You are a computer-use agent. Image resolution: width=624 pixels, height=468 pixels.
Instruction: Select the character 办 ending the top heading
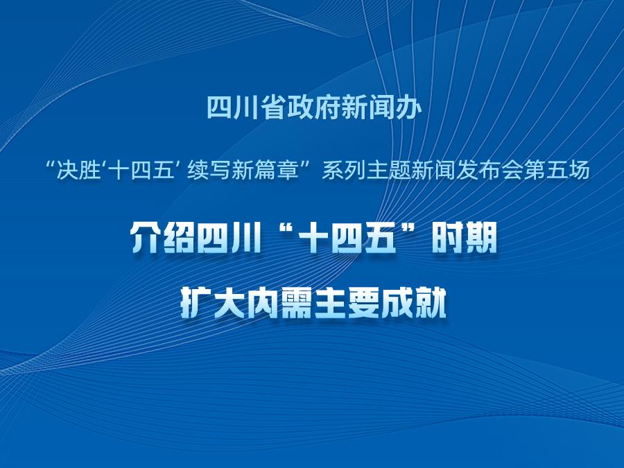click(x=408, y=107)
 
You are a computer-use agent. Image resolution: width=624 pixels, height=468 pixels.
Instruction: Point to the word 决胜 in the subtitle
click(x=78, y=171)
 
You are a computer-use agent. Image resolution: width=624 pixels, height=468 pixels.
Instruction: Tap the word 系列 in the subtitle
click(x=343, y=171)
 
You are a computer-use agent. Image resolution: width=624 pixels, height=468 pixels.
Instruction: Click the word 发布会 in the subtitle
click(x=489, y=171)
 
